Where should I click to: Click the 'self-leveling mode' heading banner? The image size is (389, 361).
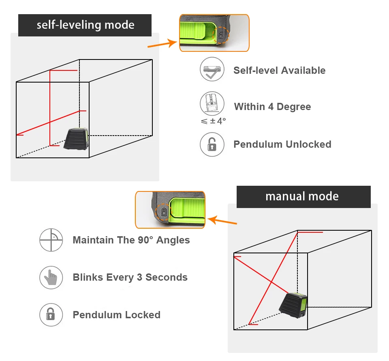click(x=85, y=25)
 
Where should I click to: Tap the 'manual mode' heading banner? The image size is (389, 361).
click(x=303, y=197)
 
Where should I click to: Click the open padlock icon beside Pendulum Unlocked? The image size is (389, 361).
click(x=212, y=144)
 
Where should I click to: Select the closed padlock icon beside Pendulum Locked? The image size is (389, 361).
click(x=51, y=314)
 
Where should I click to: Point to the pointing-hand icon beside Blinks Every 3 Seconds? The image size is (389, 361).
click(x=51, y=277)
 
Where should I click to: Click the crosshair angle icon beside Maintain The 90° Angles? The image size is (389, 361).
click(x=51, y=240)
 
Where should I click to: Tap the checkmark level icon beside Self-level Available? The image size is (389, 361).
click(x=212, y=70)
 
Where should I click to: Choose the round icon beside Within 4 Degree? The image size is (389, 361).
click(x=212, y=103)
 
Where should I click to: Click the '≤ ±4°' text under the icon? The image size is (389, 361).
click(x=213, y=121)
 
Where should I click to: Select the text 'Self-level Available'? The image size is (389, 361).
click(x=279, y=70)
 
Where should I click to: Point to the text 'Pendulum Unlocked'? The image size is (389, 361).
click(x=282, y=144)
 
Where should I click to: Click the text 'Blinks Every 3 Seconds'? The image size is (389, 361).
click(x=130, y=278)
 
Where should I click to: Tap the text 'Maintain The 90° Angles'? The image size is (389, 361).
click(x=131, y=240)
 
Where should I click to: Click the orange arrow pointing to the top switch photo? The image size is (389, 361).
click(x=162, y=44)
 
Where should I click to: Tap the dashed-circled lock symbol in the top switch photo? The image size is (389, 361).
click(x=220, y=35)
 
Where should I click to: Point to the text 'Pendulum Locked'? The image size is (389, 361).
click(x=116, y=315)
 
